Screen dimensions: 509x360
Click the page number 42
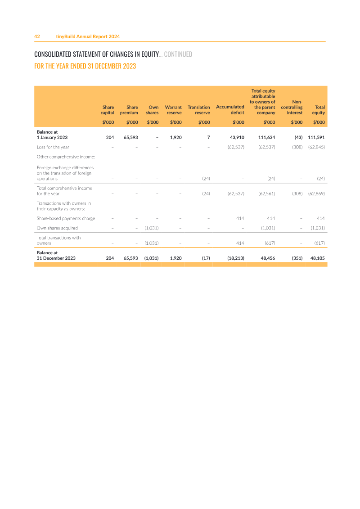(37, 36)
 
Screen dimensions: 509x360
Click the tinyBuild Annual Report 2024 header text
(88, 36)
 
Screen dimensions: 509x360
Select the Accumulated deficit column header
(230, 110)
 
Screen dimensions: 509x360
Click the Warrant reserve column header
(173, 110)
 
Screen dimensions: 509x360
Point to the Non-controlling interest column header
(292, 107)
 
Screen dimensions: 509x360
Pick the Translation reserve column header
(198, 110)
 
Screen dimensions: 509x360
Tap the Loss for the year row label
(53, 147)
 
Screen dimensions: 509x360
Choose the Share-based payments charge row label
(66, 218)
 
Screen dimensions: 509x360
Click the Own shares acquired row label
(57, 228)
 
